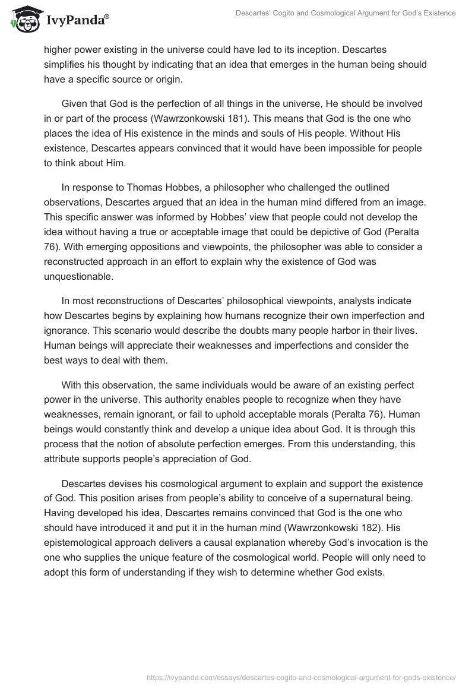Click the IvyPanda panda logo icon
(x=23, y=20)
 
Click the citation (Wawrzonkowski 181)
(x=182, y=118)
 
